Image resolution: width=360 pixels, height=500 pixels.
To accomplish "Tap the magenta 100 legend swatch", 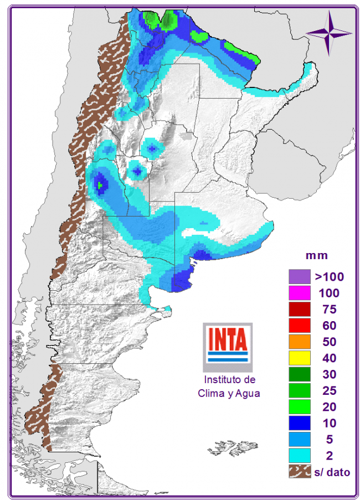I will click(x=298, y=292).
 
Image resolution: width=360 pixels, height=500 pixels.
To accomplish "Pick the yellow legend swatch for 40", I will click(x=298, y=358).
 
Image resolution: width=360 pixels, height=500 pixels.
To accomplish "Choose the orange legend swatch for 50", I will click(x=298, y=342).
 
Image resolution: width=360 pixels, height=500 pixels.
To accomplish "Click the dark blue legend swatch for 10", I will click(x=298, y=423).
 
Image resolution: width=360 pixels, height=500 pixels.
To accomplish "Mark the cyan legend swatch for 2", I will click(x=298, y=456).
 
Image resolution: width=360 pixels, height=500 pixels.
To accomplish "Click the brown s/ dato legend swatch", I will click(x=298, y=472).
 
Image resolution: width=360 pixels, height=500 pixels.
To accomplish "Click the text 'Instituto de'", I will click(x=229, y=380).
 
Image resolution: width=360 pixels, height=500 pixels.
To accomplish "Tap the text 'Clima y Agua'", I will click(x=229, y=393).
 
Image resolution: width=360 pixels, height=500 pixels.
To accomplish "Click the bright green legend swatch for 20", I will click(x=298, y=407).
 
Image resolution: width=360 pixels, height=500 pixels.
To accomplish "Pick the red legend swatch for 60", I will click(x=298, y=325).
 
